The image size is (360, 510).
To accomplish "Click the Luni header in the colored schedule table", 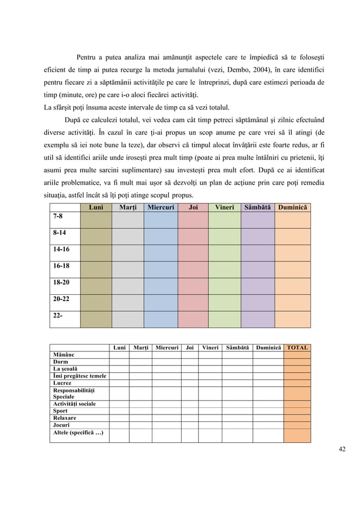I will (x=96, y=208).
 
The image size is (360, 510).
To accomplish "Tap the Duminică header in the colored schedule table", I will (x=292, y=208).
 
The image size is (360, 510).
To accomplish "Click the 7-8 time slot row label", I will (x=58, y=216).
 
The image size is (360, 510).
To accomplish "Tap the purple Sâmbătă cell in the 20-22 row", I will (x=257, y=302).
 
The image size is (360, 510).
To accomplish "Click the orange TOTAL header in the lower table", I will (x=297, y=347).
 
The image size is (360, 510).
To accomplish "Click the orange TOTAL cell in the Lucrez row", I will (x=297, y=382).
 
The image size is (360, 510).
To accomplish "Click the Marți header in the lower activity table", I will (x=141, y=347).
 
